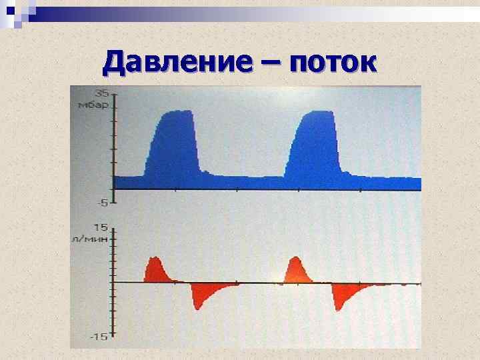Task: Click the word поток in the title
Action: [332, 63]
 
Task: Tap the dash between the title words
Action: [269, 65]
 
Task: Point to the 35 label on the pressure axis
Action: [101, 92]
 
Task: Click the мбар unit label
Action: [96, 105]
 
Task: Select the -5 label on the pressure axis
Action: [101, 201]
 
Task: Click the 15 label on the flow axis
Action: [101, 227]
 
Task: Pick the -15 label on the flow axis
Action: [99, 337]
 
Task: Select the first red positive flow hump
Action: [156, 271]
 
